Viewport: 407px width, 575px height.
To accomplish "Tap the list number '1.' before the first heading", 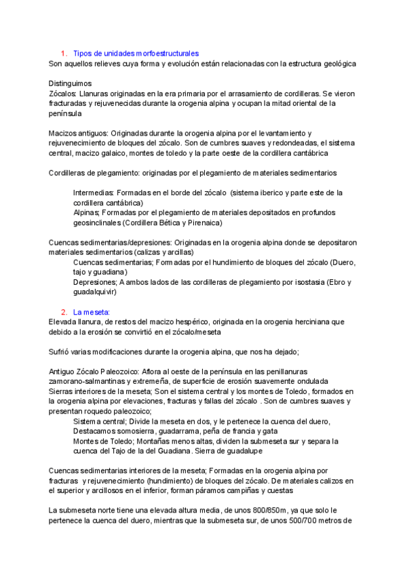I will (x=64, y=53).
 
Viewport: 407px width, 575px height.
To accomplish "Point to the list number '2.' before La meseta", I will (x=64, y=312).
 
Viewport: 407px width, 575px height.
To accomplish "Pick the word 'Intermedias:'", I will (x=94, y=193).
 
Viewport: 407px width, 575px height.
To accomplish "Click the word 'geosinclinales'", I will (x=100, y=222).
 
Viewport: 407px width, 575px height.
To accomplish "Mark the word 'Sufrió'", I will (x=61, y=352).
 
